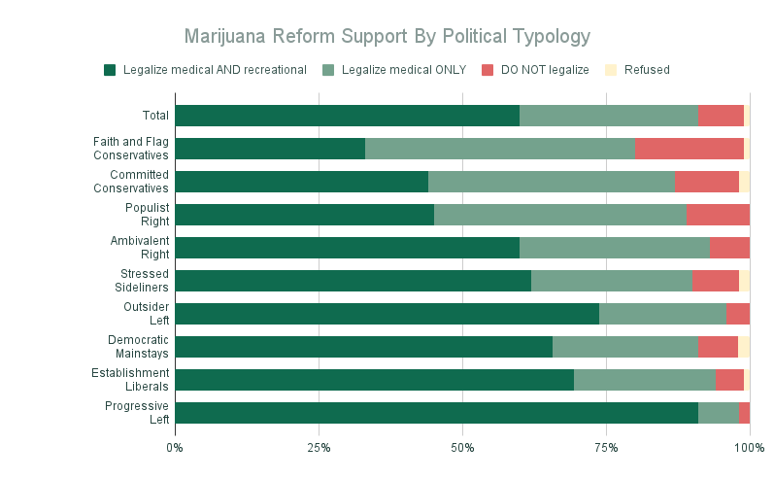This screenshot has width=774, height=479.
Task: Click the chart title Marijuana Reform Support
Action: click(387, 37)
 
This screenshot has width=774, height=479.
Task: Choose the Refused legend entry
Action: click(646, 70)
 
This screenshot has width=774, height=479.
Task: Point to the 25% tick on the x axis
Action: click(319, 448)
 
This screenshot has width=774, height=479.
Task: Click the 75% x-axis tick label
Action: click(606, 448)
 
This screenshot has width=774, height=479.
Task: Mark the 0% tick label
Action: click(175, 448)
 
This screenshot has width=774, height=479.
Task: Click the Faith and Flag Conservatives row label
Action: click(131, 149)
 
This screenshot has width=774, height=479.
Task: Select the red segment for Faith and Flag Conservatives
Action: click(689, 149)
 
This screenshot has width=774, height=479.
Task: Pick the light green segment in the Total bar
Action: click(609, 116)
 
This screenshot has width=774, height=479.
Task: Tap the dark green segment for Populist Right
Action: click(304, 215)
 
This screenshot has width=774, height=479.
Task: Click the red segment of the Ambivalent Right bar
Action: click(729, 248)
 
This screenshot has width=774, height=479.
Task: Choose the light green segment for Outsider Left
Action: click(662, 314)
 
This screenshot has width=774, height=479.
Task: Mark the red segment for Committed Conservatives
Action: click(706, 182)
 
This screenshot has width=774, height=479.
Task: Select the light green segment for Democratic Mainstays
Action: click(625, 347)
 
